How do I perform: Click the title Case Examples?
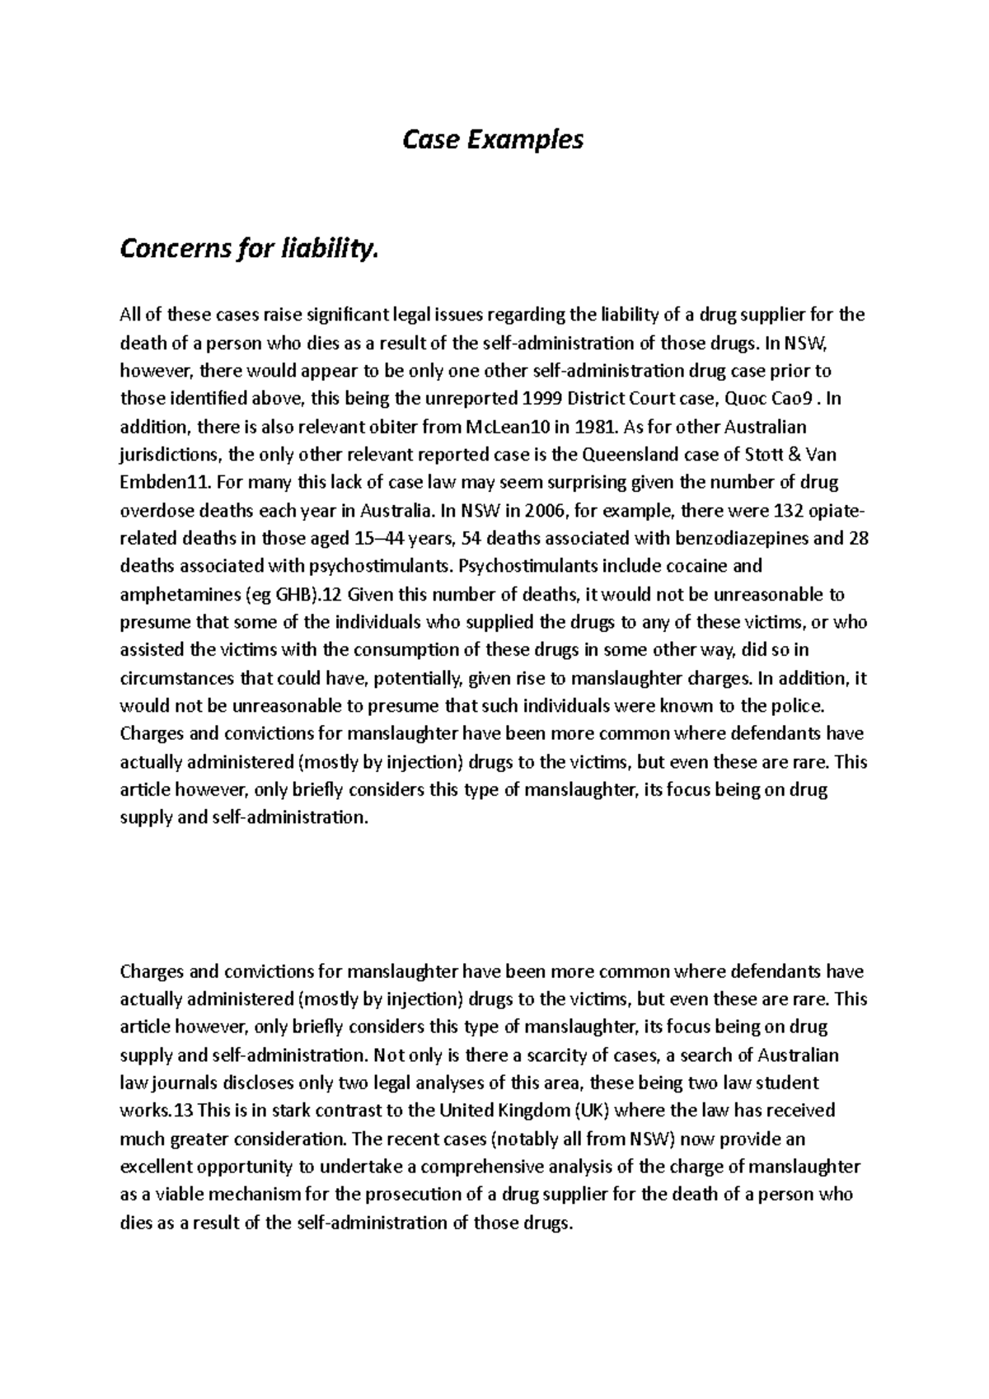coord(492,140)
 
